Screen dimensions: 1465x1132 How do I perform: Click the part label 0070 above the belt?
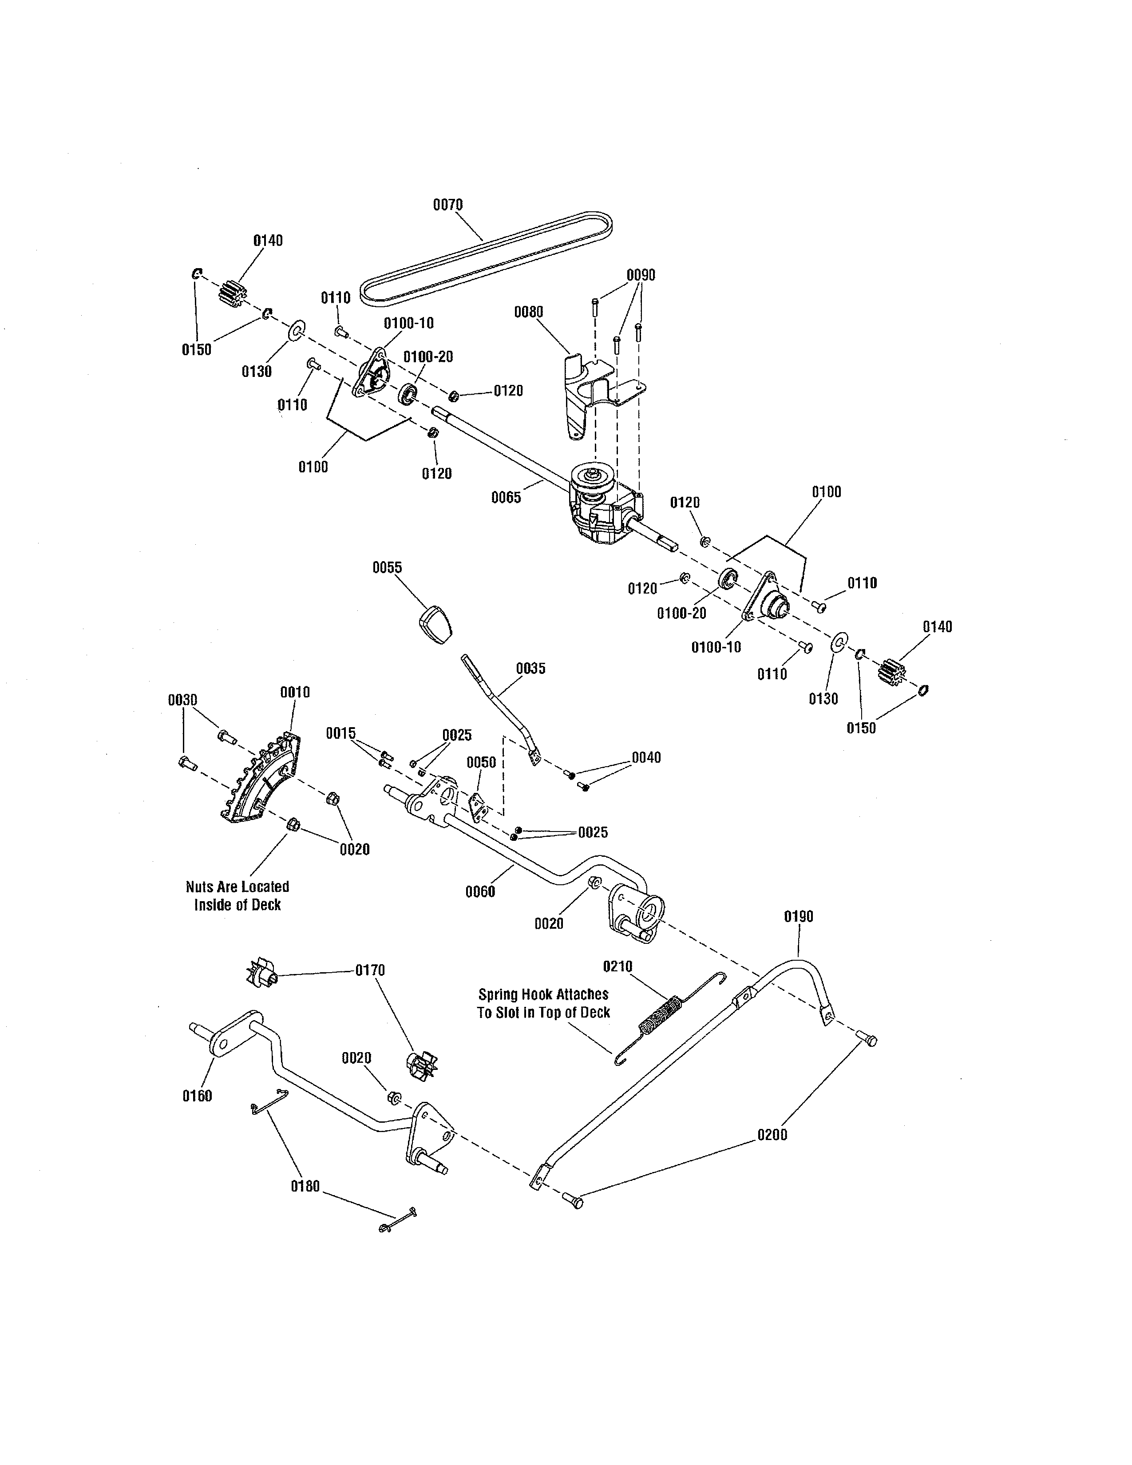[x=447, y=205]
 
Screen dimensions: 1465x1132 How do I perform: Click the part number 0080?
[x=528, y=312]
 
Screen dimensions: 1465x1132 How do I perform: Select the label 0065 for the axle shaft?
[x=506, y=497]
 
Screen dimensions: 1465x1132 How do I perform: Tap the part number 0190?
[x=798, y=916]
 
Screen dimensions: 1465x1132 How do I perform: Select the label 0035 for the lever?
[x=530, y=668]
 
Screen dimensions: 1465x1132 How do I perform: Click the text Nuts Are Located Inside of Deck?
[x=237, y=895]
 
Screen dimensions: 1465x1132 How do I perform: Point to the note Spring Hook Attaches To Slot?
[x=543, y=1003]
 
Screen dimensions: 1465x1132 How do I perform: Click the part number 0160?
[x=197, y=1095]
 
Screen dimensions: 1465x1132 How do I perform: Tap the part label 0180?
[x=305, y=1186]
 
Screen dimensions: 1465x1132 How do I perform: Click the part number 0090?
[x=641, y=275]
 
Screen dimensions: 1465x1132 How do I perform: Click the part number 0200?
[x=772, y=1135]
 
